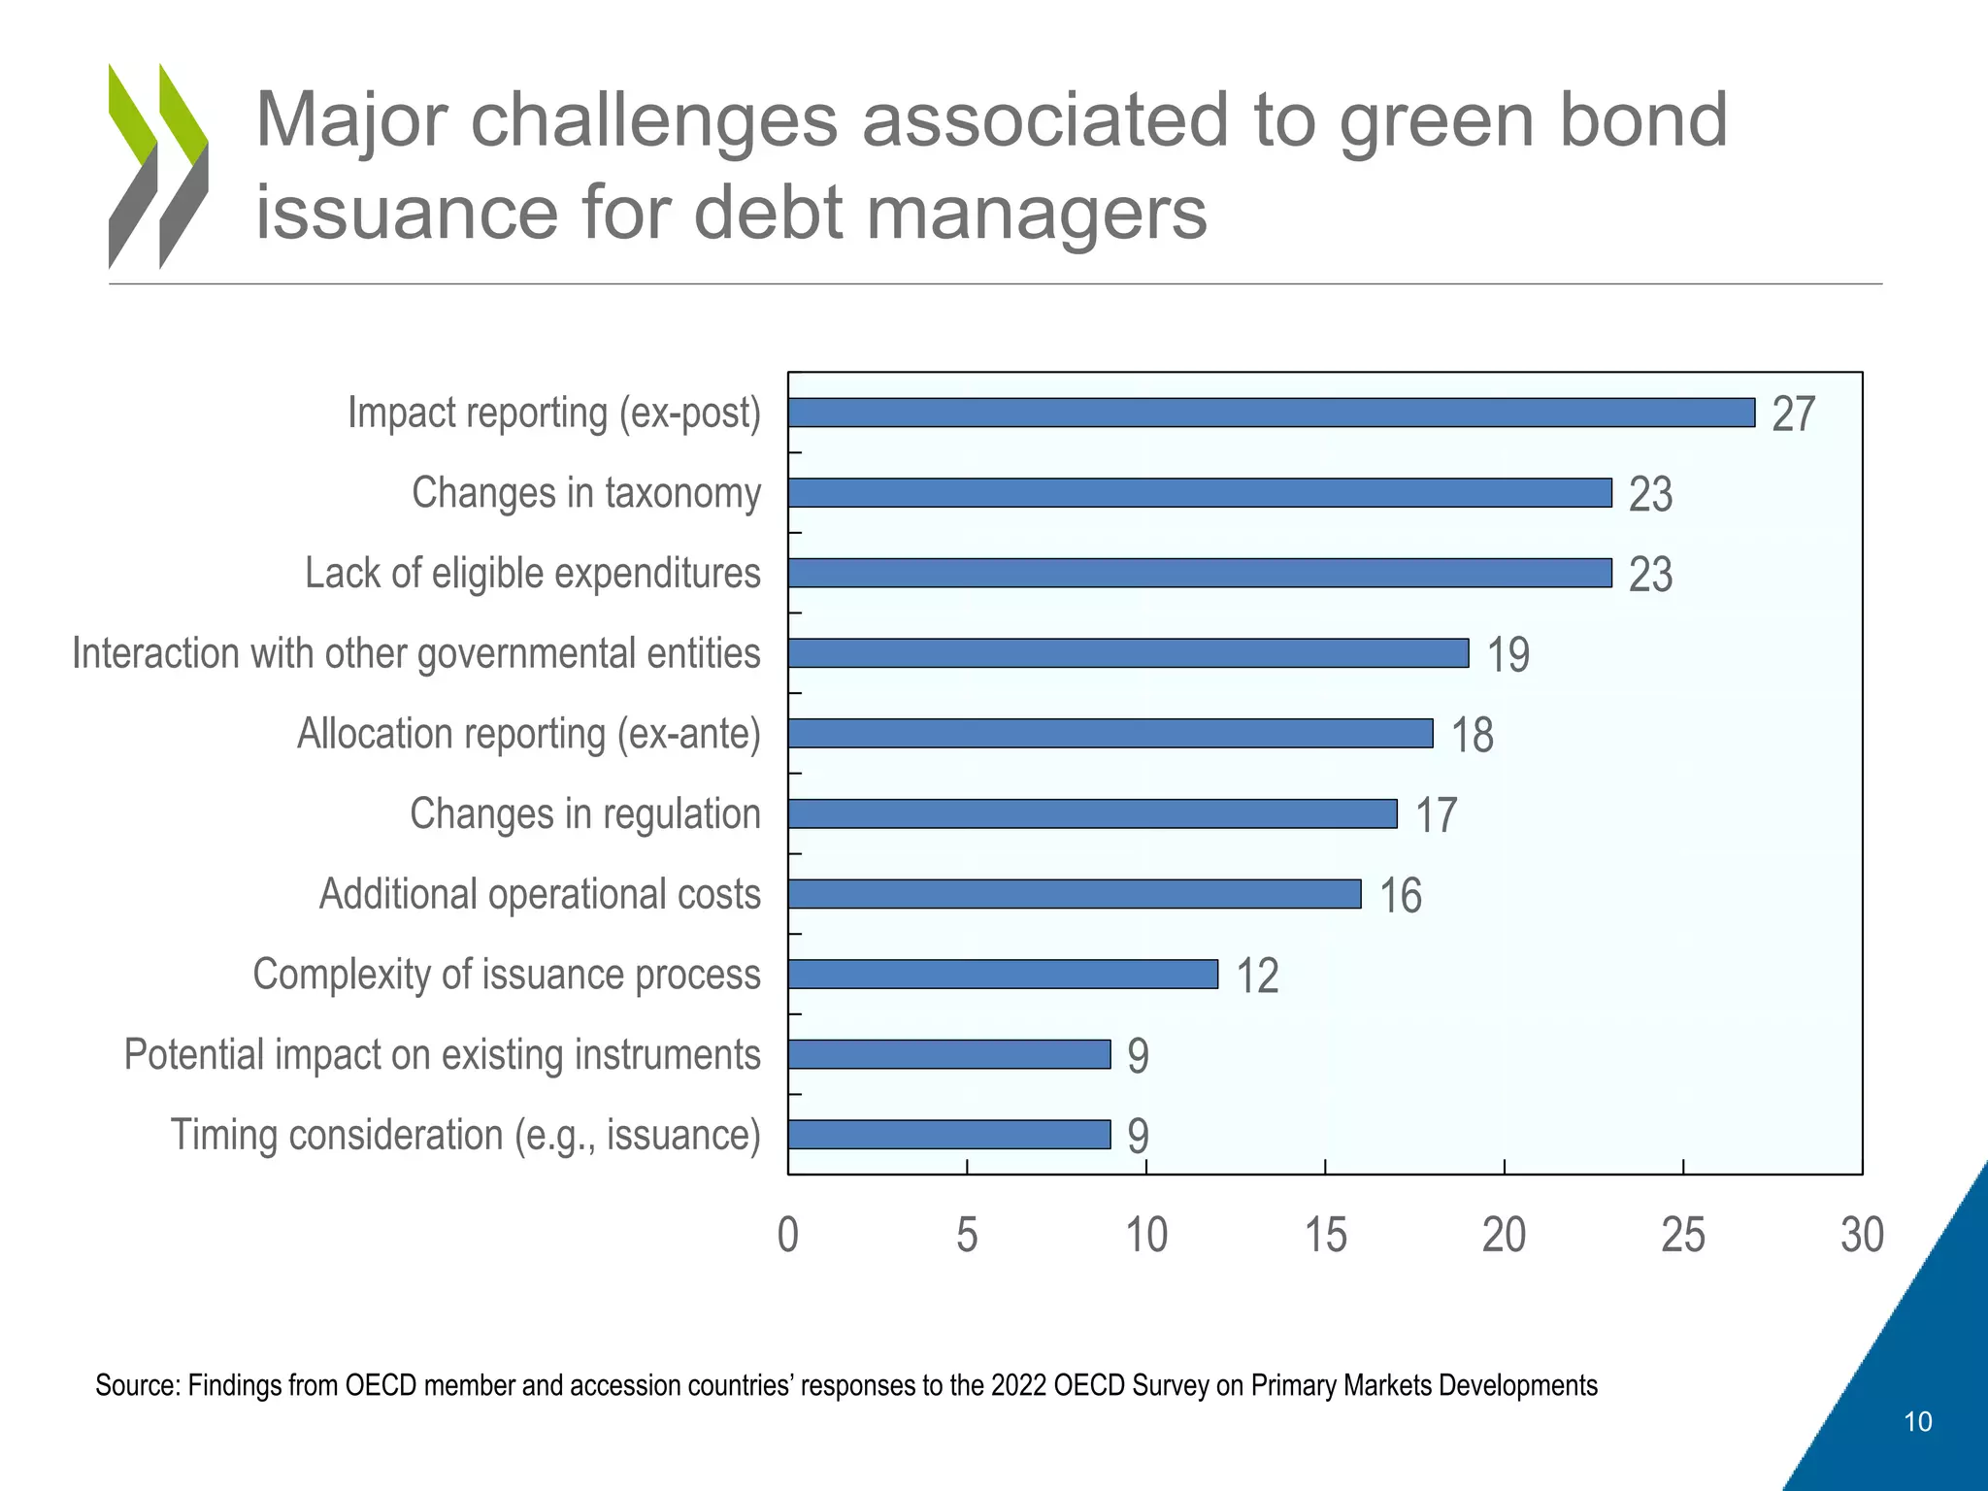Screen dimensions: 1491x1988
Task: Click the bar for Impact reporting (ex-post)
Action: [1271, 413]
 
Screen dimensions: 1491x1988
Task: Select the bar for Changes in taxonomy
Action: [1200, 493]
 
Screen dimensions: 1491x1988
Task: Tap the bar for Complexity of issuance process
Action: [1003, 975]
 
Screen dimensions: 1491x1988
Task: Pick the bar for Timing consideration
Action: [949, 1135]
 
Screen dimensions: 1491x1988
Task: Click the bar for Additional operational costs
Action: [1075, 894]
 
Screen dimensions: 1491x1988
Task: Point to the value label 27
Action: [1793, 414]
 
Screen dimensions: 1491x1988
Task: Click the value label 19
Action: [1508, 655]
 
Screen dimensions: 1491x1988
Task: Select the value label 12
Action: [1256, 977]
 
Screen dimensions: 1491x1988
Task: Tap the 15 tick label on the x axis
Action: [1325, 1236]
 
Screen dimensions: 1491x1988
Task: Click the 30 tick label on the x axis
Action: [1862, 1236]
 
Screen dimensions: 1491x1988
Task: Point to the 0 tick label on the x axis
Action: [788, 1236]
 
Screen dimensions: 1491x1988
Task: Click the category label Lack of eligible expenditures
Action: [532, 574]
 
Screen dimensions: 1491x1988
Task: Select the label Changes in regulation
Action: [584, 814]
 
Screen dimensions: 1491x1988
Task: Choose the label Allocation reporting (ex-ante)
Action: [528, 734]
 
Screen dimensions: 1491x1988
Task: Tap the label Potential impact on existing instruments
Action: [442, 1055]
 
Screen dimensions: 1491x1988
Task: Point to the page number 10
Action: [1917, 1422]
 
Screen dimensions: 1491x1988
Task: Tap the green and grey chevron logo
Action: [158, 166]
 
